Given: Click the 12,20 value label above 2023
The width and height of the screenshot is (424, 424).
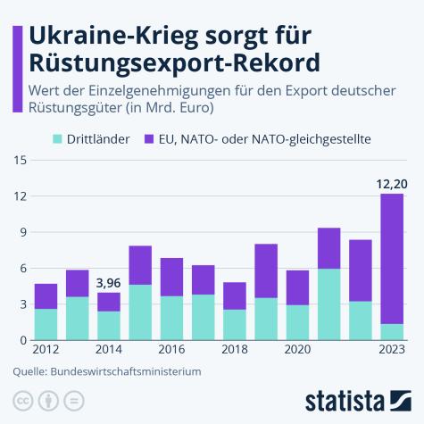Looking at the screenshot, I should coord(391,185).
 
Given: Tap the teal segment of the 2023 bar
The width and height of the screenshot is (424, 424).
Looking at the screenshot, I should coord(392,332).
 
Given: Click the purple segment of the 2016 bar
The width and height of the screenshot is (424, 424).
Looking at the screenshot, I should coord(171,277).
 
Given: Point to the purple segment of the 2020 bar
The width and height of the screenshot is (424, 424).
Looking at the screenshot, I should coord(297,287).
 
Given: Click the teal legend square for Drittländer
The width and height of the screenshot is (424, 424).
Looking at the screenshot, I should coord(59,139).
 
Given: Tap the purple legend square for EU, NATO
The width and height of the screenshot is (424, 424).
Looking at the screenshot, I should coord(149,139).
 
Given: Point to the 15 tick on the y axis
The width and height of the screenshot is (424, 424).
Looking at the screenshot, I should coord(21,161).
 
